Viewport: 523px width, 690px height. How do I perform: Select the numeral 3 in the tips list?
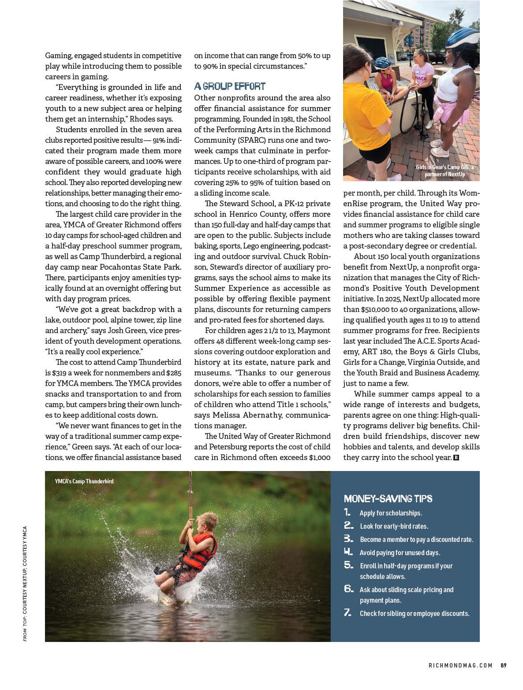click(348, 538)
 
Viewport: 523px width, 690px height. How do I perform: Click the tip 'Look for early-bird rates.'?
click(394, 526)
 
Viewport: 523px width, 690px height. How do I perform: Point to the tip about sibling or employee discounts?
click(414, 613)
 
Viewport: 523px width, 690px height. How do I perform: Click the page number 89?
click(503, 666)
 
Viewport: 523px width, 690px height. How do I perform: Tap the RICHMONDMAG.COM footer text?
click(460, 666)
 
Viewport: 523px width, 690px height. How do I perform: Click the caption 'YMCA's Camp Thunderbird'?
click(84, 481)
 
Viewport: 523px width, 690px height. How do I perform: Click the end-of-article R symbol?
click(456, 458)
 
